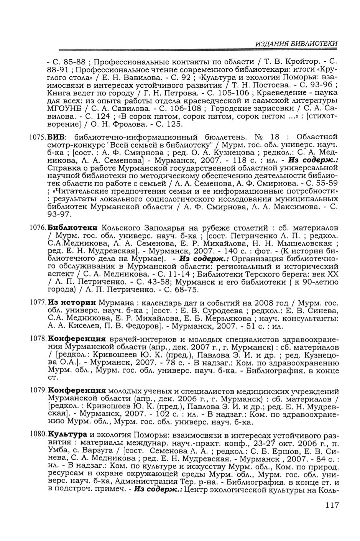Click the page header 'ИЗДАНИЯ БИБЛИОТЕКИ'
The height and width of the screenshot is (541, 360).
point(297,44)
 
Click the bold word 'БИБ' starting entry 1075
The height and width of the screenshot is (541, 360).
point(57,137)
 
